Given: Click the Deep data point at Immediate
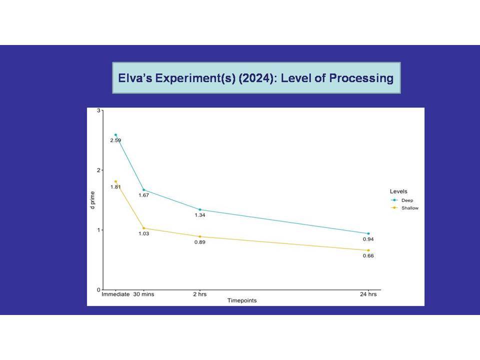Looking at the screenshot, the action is click(x=115, y=134).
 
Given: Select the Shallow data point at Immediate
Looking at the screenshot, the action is click(x=115, y=181).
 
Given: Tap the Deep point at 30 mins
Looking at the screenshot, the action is click(x=144, y=190).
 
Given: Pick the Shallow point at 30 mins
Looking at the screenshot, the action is click(x=144, y=228).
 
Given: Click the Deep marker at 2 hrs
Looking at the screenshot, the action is click(x=200, y=209).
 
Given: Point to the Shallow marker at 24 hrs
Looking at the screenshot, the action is click(x=368, y=250).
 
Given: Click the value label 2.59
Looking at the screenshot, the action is click(x=115, y=140).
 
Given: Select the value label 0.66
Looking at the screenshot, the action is click(x=368, y=256).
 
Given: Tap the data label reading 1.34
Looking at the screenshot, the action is click(x=200, y=215).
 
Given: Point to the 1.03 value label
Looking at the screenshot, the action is click(x=144, y=234).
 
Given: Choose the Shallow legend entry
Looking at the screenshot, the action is click(x=404, y=208).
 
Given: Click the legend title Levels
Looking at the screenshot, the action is click(x=398, y=191).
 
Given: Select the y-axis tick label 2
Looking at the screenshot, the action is click(x=98, y=170).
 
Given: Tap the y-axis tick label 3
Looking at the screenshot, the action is click(x=98, y=110).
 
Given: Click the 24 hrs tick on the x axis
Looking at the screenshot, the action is click(x=368, y=294).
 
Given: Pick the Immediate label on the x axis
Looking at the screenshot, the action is click(x=115, y=294).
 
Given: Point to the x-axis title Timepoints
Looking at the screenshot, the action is click(x=242, y=300).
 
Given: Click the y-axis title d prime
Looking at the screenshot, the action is click(x=92, y=200).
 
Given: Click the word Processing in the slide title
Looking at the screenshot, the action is click(x=361, y=78).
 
